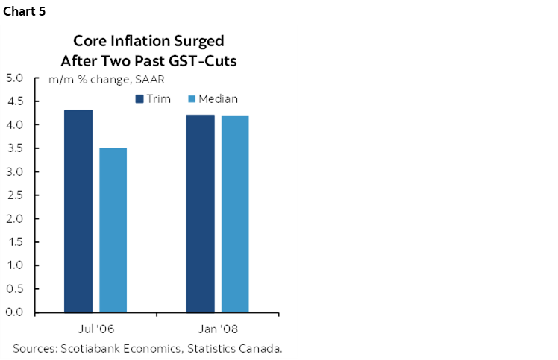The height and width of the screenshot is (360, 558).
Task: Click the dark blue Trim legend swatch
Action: tap(139, 98)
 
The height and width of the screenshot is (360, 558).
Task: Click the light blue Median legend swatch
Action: tap(192, 98)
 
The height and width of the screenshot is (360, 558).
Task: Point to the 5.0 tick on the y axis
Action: tap(16, 78)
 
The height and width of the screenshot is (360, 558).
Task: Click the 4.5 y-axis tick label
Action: tap(16, 101)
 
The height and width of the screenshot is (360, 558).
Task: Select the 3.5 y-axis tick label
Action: tap(16, 148)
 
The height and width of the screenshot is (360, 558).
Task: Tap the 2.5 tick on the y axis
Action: tap(16, 195)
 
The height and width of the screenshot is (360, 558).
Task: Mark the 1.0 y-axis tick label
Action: tap(16, 265)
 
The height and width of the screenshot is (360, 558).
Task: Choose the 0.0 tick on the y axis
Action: tap(16, 312)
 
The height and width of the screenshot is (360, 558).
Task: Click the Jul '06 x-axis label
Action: tap(95, 328)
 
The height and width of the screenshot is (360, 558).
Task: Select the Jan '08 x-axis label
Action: tap(217, 328)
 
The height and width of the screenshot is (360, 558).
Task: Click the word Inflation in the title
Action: tap(134, 41)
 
